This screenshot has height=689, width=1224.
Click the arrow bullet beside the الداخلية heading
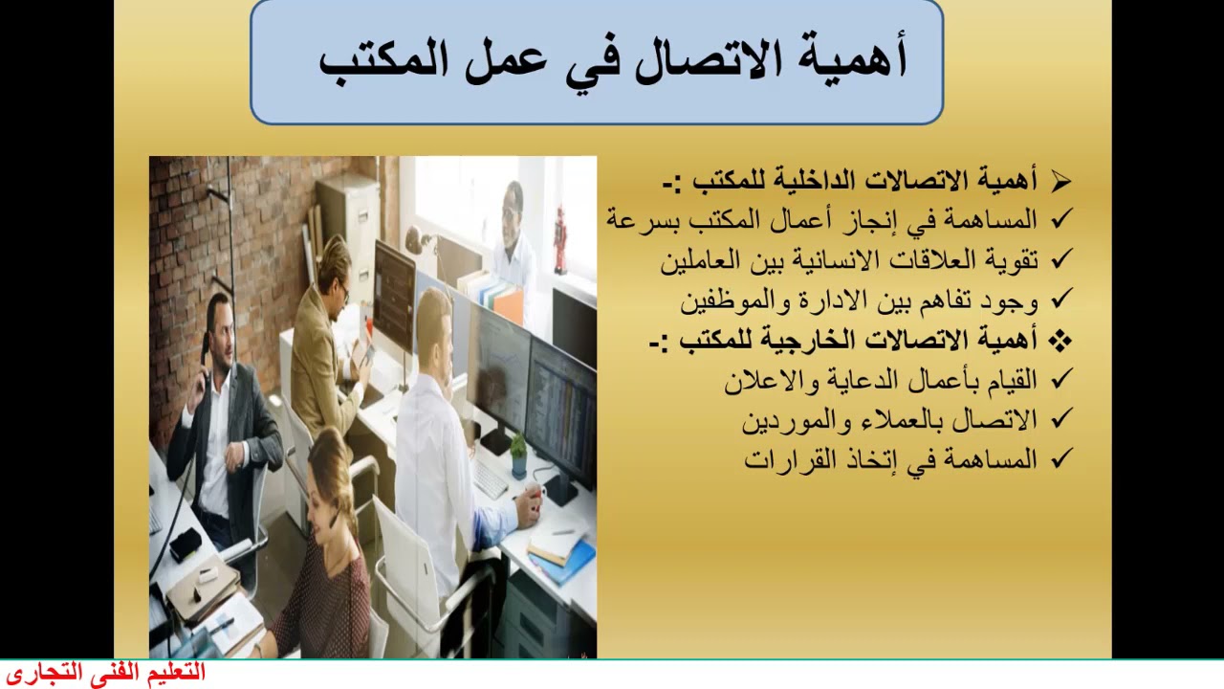1060,181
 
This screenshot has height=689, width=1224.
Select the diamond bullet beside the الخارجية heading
1060,340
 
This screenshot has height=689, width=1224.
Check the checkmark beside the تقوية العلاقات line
1060,259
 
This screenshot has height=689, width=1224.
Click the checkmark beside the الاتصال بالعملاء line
1060,419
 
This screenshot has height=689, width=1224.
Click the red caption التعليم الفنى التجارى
105,673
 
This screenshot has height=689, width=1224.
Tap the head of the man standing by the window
514,200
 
